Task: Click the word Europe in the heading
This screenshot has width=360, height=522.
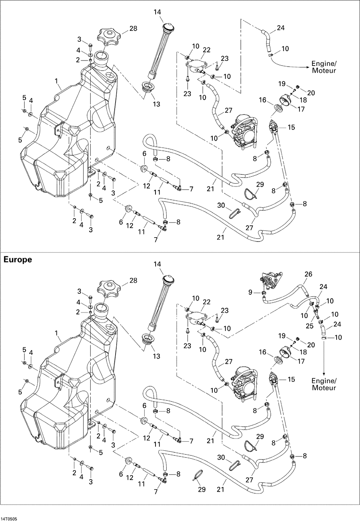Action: [x=18, y=260]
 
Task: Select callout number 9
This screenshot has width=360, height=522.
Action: [x=250, y=292]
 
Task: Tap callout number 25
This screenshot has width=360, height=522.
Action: [x=310, y=326]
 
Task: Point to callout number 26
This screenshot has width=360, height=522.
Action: [x=308, y=274]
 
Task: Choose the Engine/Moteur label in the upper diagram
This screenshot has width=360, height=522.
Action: [x=324, y=67]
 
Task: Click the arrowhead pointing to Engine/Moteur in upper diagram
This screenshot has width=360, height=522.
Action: [x=309, y=67]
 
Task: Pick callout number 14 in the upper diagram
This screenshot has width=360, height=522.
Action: [x=157, y=12]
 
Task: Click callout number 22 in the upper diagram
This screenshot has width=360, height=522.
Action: [x=206, y=50]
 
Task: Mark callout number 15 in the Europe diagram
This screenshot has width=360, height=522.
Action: [x=291, y=379]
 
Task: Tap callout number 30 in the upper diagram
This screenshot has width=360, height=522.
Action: [x=221, y=205]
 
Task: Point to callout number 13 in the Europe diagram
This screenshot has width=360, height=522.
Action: [x=157, y=356]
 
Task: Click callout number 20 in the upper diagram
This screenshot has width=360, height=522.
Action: [x=311, y=93]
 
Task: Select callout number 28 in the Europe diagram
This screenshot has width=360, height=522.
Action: [x=133, y=280]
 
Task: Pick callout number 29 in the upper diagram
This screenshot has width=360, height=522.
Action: [x=260, y=184]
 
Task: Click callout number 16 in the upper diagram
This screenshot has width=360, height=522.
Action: [x=262, y=100]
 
